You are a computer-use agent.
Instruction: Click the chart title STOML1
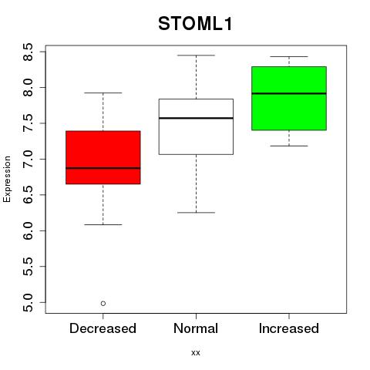[x=195, y=24]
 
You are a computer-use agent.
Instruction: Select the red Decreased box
[x=103, y=157]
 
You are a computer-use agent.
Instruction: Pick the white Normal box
[x=196, y=126]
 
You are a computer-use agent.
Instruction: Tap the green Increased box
[x=289, y=99]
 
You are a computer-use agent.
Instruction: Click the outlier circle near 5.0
[x=103, y=304]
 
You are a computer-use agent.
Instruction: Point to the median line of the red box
[x=103, y=168]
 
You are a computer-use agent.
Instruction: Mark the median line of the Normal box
[x=196, y=118]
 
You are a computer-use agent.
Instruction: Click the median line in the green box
[x=289, y=93]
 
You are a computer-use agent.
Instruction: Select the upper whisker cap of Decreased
[x=103, y=92]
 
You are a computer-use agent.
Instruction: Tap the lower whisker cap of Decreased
[x=103, y=224]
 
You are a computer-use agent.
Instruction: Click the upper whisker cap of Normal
[x=196, y=55]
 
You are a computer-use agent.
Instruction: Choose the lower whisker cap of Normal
[x=196, y=213]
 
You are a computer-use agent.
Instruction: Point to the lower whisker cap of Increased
[x=289, y=146]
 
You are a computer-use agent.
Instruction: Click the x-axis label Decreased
[x=103, y=328]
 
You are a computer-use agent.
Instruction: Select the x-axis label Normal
[x=196, y=328]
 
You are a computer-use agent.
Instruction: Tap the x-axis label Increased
[x=289, y=328]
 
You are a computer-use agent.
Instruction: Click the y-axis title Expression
[x=7, y=179]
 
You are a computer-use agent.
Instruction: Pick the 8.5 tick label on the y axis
[x=28, y=52]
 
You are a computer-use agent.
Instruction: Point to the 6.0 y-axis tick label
[x=28, y=230]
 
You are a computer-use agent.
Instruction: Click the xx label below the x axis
[x=196, y=353]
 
